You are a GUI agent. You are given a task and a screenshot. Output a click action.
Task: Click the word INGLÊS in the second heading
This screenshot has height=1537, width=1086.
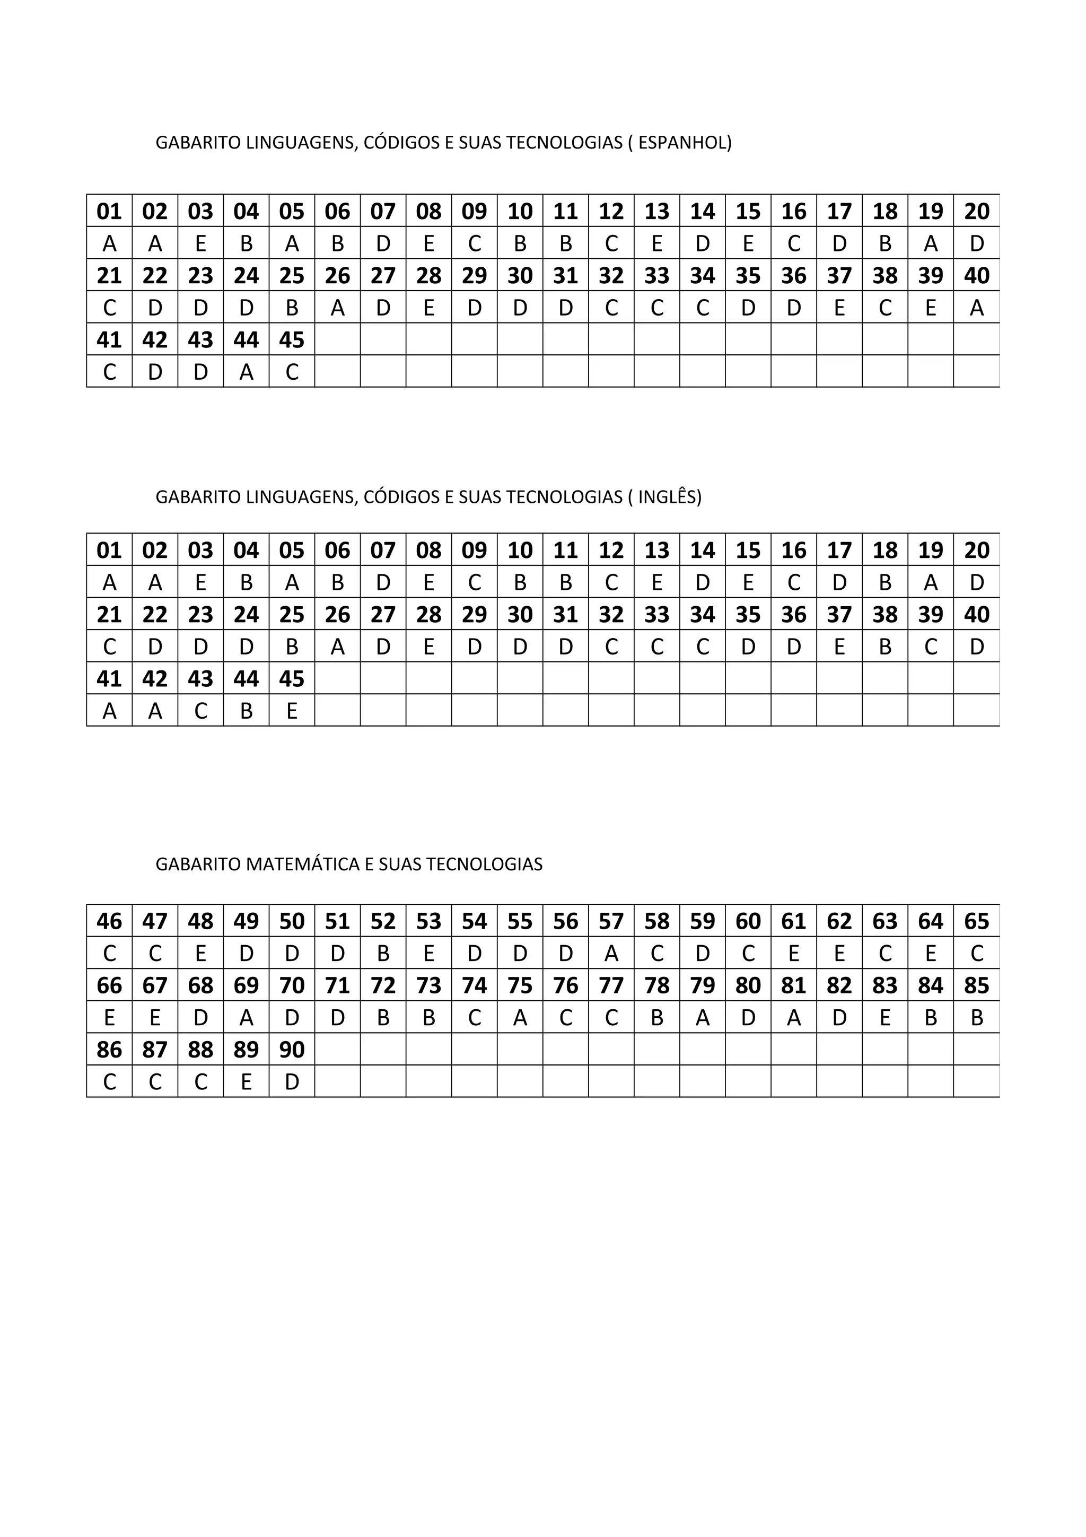669,497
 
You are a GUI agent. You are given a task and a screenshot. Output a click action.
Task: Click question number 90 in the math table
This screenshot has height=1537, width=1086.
292,1050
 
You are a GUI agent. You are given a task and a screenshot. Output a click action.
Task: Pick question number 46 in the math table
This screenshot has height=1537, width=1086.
109,921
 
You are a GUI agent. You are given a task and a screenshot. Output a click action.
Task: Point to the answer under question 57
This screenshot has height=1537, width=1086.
611,953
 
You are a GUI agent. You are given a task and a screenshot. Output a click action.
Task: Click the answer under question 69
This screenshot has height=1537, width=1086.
246,1018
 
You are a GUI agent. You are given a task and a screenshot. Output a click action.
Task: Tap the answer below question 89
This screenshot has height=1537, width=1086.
246,1082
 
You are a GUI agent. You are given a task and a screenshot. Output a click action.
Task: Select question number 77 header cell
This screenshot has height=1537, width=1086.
611,985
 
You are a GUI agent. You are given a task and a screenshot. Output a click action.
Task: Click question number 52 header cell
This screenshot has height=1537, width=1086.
383,921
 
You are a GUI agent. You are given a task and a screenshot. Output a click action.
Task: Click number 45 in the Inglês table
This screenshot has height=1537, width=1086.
292,679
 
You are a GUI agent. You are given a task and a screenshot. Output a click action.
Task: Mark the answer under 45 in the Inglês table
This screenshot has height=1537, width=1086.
292,711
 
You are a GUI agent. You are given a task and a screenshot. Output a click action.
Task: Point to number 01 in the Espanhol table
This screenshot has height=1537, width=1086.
109,212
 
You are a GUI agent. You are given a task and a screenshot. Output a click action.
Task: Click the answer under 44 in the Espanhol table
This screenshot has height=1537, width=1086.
246,372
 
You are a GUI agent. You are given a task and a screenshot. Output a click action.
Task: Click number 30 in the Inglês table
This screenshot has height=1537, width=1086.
520,615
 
